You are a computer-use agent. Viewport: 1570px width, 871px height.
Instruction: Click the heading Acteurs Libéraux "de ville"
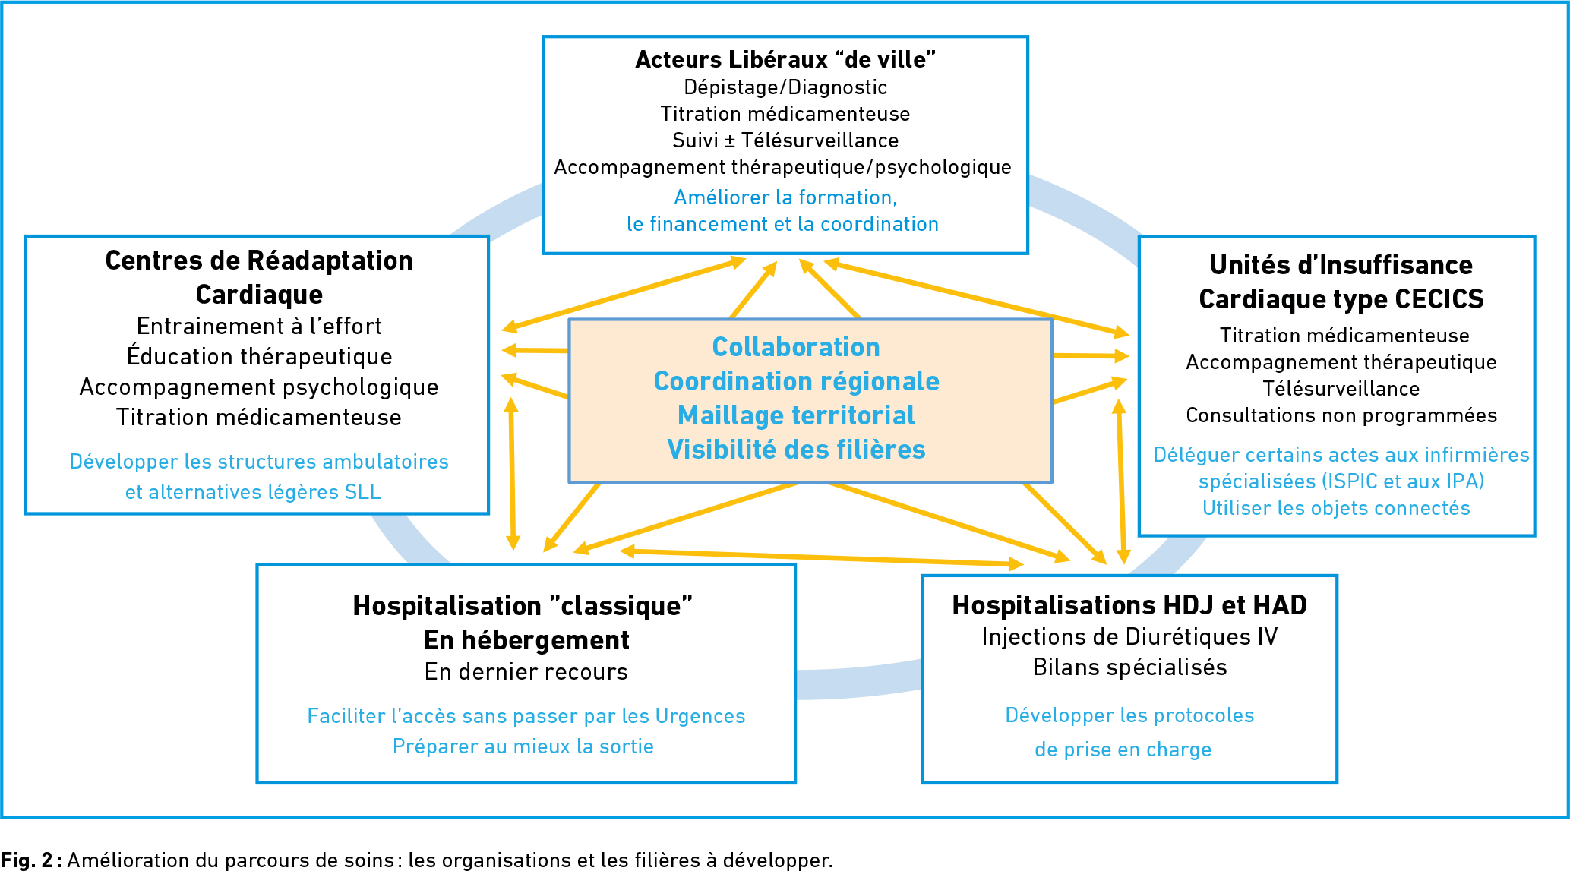[785, 59]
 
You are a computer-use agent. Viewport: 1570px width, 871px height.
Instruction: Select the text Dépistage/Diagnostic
[785, 87]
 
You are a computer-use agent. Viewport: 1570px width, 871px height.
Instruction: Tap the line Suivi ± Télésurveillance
[785, 140]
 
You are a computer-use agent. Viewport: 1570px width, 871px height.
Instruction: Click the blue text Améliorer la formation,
[785, 197]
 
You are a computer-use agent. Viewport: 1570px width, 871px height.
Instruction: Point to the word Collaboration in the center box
[796, 347]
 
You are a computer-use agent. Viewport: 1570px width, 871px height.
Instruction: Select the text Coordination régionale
[796, 381]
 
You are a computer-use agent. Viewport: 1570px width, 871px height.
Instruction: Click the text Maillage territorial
[796, 415]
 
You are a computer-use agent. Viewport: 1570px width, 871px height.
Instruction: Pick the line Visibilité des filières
[796, 450]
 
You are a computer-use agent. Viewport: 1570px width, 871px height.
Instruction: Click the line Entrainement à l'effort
[259, 326]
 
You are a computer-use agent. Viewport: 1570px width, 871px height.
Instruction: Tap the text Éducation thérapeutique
[259, 356]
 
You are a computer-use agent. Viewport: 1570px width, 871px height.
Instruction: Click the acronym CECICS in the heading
[1439, 299]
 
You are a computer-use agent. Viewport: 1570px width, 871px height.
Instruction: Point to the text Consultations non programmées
[1341, 415]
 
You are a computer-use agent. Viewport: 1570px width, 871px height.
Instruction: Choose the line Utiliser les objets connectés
[1336, 508]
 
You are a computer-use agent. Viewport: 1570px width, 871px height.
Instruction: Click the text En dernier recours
[526, 672]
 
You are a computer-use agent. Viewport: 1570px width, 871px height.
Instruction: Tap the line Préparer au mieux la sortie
[523, 746]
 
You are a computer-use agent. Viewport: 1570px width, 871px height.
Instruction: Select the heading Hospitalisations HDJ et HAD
[1129, 605]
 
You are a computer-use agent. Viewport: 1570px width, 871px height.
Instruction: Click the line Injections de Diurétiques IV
[1129, 636]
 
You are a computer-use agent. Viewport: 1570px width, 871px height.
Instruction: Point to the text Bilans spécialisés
[1129, 667]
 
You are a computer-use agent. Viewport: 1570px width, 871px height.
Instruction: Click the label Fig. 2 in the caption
[27, 860]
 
